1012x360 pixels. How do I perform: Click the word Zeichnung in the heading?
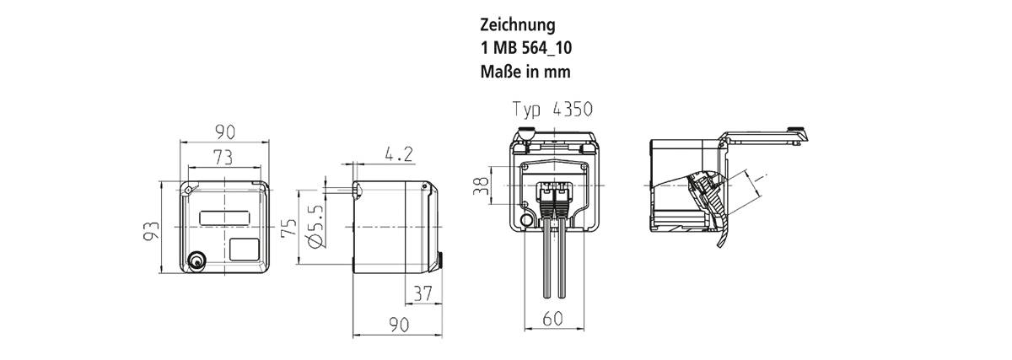pyautogui.click(x=518, y=25)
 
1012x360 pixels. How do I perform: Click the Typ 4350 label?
pyautogui.click(x=553, y=109)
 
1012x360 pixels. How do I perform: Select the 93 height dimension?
pyautogui.click(x=151, y=230)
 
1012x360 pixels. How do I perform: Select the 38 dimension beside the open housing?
pyautogui.click(x=482, y=185)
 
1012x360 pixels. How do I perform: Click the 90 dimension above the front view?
pyautogui.click(x=223, y=132)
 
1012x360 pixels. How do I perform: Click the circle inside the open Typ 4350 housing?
pyautogui.click(x=527, y=222)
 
